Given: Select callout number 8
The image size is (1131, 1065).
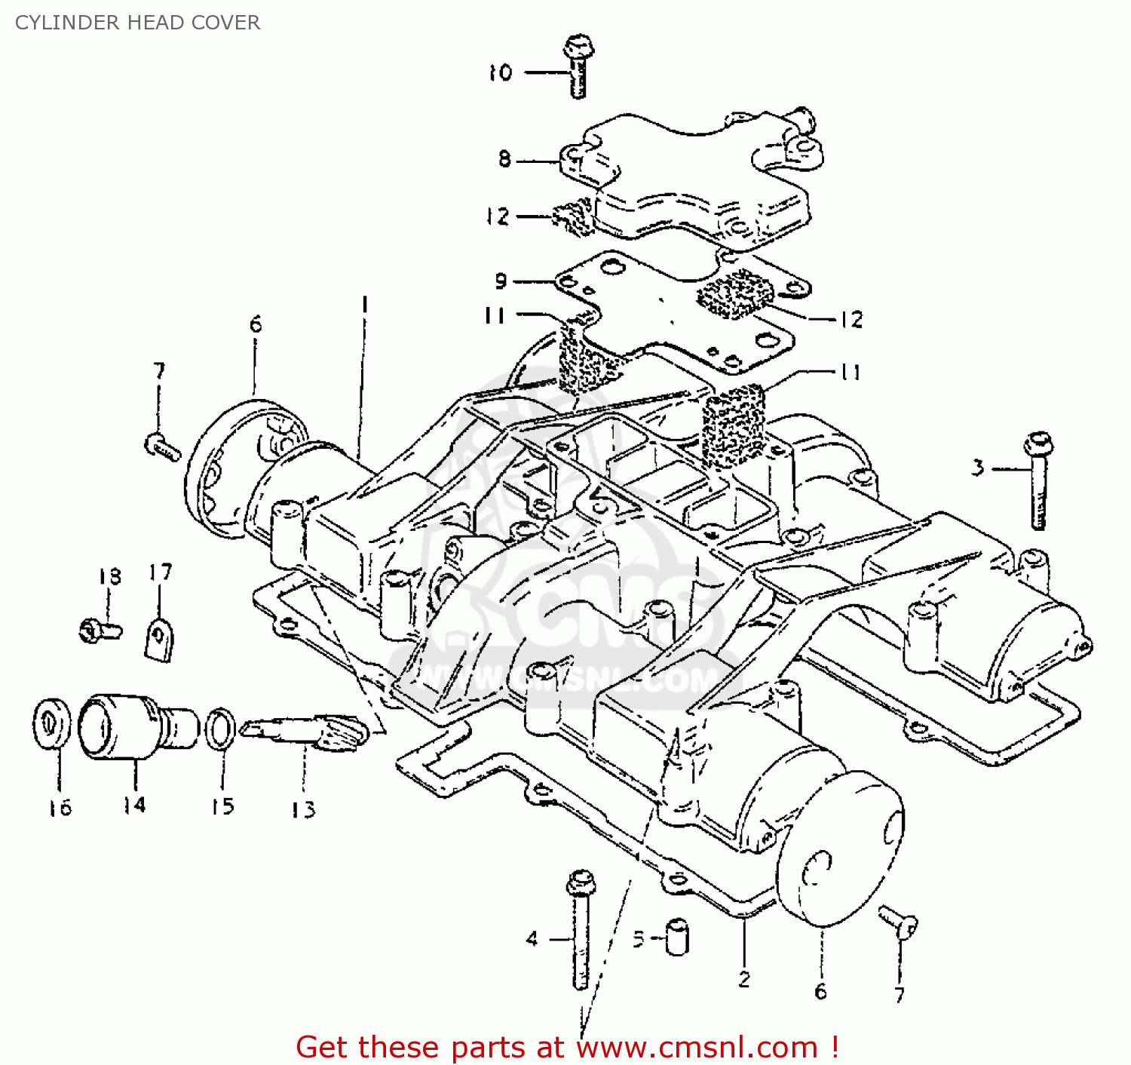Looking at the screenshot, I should (x=504, y=159).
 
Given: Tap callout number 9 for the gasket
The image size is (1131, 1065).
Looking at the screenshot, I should (x=501, y=281).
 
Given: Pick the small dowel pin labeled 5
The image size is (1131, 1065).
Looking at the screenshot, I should (x=677, y=938).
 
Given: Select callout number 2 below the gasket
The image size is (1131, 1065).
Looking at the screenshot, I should (x=744, y=980).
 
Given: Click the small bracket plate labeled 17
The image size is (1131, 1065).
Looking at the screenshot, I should (x=158, y=639).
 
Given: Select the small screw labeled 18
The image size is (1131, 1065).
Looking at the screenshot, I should (x=100, y=628).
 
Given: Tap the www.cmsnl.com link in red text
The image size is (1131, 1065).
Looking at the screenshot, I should (x=697, y=1048).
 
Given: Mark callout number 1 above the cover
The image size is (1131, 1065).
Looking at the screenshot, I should (x=365, y=305).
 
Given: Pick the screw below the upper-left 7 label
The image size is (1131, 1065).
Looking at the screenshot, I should (x=162, y=447).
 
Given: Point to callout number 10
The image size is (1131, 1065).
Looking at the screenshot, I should (x=500, y=73).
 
